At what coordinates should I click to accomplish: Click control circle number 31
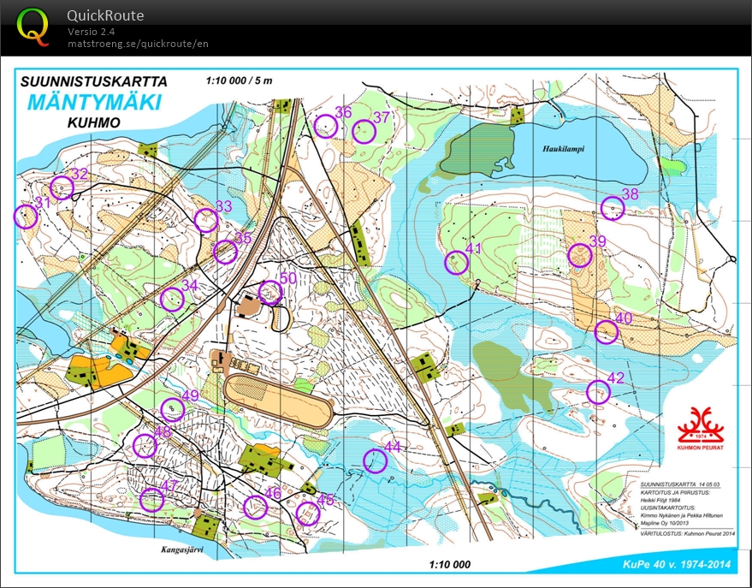[x=26, y=217]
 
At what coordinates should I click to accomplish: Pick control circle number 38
[x=612, y=208]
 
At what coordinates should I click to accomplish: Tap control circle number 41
[x=457, y=263]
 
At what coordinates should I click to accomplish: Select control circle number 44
[x=375, y=460]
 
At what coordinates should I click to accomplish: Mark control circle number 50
[x=269, y=293]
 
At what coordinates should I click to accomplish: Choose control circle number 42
[x=598, y=392]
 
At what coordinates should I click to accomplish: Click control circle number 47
[x=151, y=500]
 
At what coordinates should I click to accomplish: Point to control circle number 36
[x=325, y=127]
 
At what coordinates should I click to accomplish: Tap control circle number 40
[x=606, y=331]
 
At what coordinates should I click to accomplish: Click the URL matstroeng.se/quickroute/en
[x=138, y=43]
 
